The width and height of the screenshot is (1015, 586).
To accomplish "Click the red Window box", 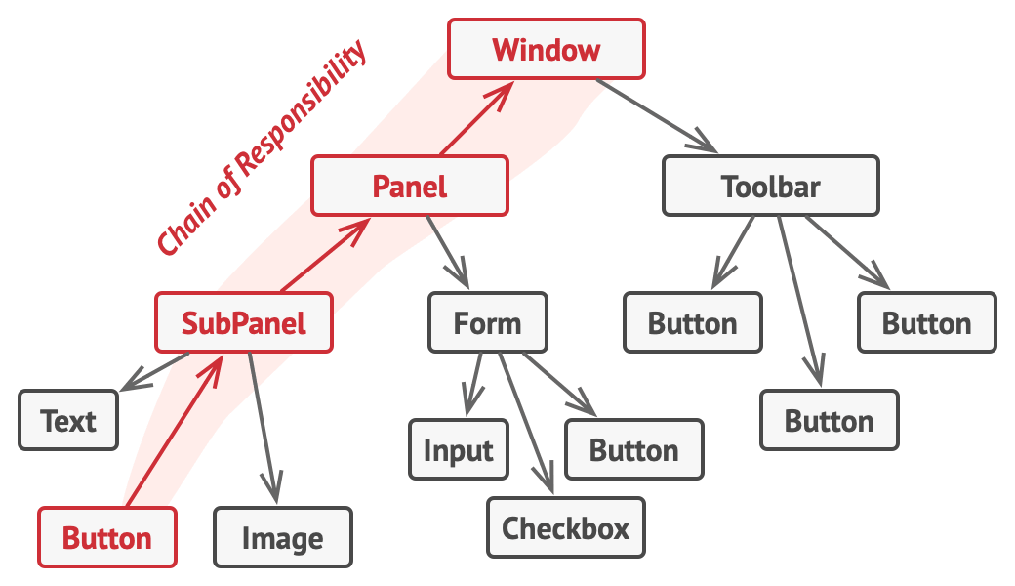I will tap(546, 49).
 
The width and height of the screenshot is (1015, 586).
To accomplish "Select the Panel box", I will tap(410, 186).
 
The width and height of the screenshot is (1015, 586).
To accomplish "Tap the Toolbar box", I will tap(771, 186).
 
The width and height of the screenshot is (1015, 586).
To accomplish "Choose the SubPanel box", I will tap(244, 322).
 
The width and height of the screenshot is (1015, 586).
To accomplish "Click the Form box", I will tap(488, 322).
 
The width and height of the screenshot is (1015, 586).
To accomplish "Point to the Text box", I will tap(68, 421).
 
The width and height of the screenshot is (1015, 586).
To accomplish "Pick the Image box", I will tap(283, 538).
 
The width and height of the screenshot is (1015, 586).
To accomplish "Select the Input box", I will tap(459, 450).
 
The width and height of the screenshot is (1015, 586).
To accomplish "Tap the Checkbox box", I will tap(566, 528).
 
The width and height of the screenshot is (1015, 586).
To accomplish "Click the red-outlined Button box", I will tap(107, 538).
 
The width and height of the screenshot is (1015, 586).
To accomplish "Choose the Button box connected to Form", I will tap(634, 450).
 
